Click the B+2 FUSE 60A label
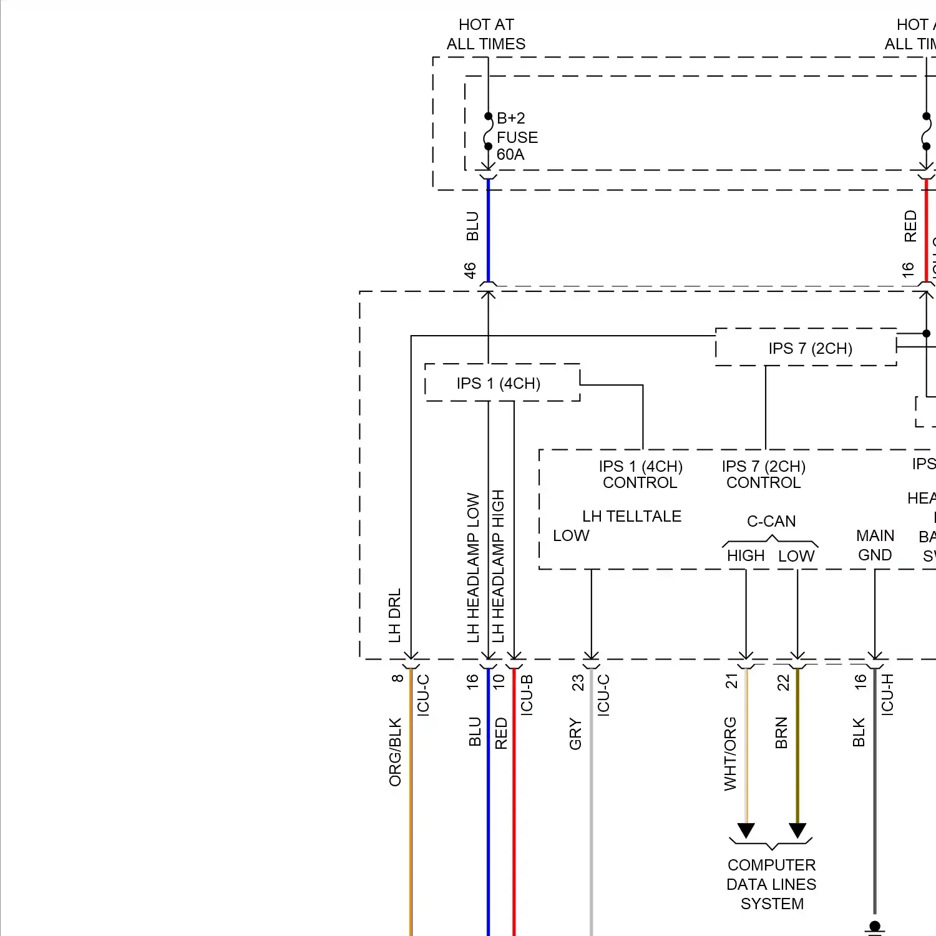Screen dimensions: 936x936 (516, 137)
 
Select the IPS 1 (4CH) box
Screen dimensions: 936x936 (499, 383)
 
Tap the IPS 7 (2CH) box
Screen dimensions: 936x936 (810, 348)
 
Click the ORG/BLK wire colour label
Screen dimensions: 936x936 (395, 752)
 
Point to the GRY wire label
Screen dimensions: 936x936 (575, 734)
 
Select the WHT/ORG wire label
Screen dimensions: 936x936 (730, 754)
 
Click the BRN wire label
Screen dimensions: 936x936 (781, 733)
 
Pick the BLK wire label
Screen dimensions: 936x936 (859, 733)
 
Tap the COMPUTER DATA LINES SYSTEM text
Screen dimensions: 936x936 (772, 884)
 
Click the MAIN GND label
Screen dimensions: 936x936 (875, 545)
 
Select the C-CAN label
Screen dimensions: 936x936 (771, 521)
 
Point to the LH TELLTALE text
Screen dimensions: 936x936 (631, 516)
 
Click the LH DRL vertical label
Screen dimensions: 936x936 (394, 615)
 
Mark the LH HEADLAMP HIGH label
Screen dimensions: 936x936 (498, 566)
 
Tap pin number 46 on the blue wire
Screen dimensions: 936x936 (470, 270)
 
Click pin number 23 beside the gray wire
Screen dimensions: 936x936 (578, 682)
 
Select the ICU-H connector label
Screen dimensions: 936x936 (887, 694)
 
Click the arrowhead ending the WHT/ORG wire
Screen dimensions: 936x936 (746, 831)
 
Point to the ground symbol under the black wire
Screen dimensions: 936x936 (875, 928)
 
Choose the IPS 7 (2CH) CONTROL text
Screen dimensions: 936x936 (764, 474)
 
